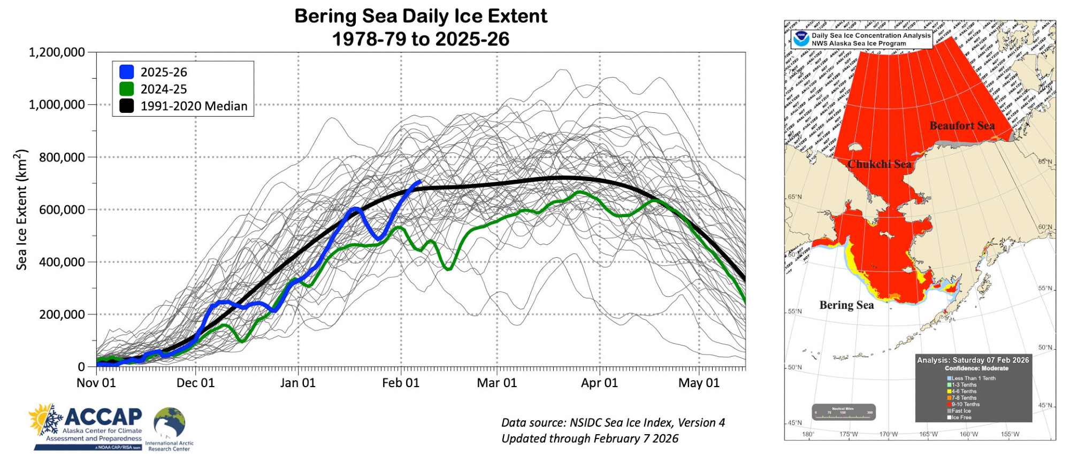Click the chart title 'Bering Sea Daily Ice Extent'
point(421,16)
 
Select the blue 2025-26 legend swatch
point(127,72)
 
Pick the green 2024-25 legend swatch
point(127,89)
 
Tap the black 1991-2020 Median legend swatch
point(127,106)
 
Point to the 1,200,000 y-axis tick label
point(57,52)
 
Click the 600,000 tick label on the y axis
point(62,210)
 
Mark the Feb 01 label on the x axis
point(401,383)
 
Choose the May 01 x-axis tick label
point(699,383)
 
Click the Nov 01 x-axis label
point(96,383)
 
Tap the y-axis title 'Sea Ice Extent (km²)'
point(21,210)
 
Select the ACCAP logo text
point(103,417)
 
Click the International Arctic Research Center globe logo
point(170,423)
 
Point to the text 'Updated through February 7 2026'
point(590,438)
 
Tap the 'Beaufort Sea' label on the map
point(962,126)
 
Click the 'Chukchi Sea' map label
point(879,164)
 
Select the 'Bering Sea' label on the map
point(846,305)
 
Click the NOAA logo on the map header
point(801,39)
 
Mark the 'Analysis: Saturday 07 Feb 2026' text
point(973,360)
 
